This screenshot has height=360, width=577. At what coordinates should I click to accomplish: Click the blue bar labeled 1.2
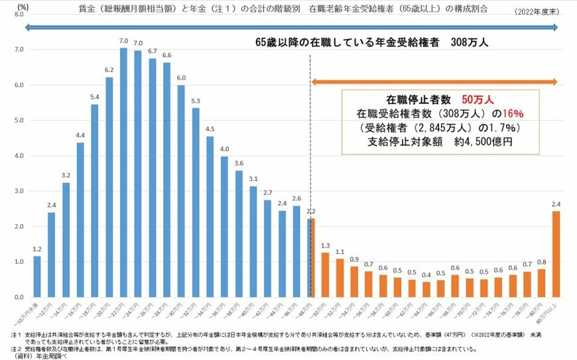37,276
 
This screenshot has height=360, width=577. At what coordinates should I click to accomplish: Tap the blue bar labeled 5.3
196,203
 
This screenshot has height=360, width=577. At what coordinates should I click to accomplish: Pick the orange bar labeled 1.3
325,274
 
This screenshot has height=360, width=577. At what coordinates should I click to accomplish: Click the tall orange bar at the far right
556,255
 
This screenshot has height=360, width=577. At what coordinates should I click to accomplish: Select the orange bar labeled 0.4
426,290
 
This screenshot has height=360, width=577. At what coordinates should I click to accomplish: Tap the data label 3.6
239,163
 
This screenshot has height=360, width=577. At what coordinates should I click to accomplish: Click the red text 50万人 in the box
477,100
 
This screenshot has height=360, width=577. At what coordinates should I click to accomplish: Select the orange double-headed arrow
434,81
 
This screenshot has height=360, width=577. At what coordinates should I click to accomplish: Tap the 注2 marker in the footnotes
16,347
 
